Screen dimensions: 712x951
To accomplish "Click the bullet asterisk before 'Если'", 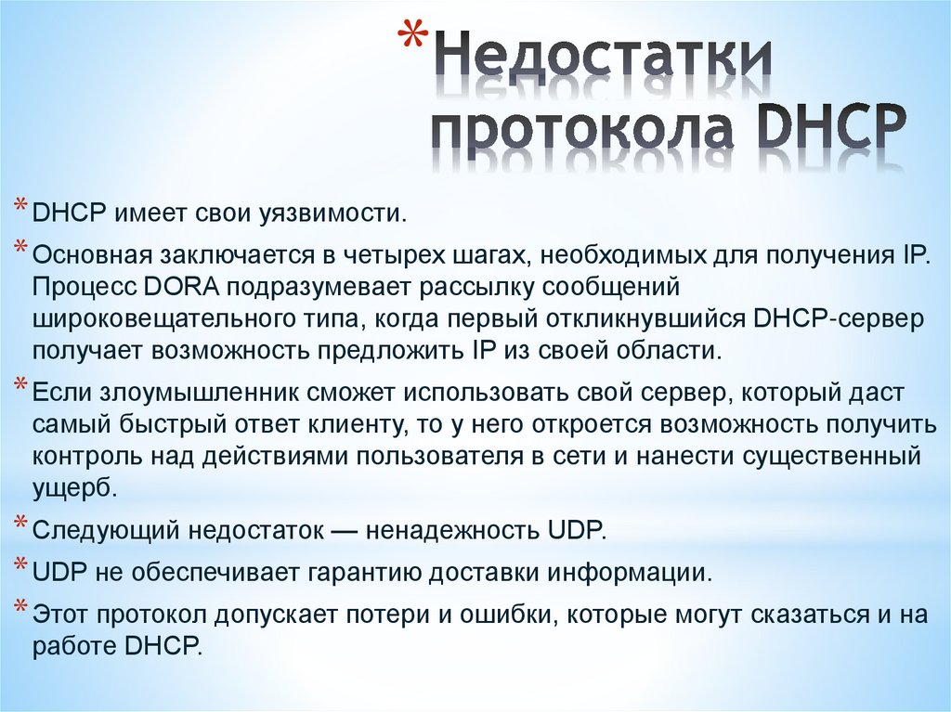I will (20, 387).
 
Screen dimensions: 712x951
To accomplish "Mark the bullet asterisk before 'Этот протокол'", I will (20, 608).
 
